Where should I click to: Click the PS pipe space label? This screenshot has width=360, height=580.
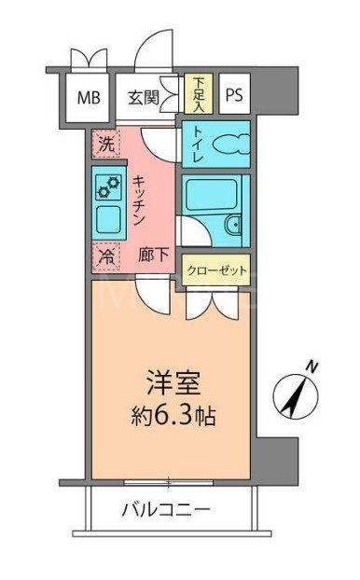(234, 95)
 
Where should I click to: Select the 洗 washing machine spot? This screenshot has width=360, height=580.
(105, 144)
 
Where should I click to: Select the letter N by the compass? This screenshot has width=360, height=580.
(316, 366)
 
